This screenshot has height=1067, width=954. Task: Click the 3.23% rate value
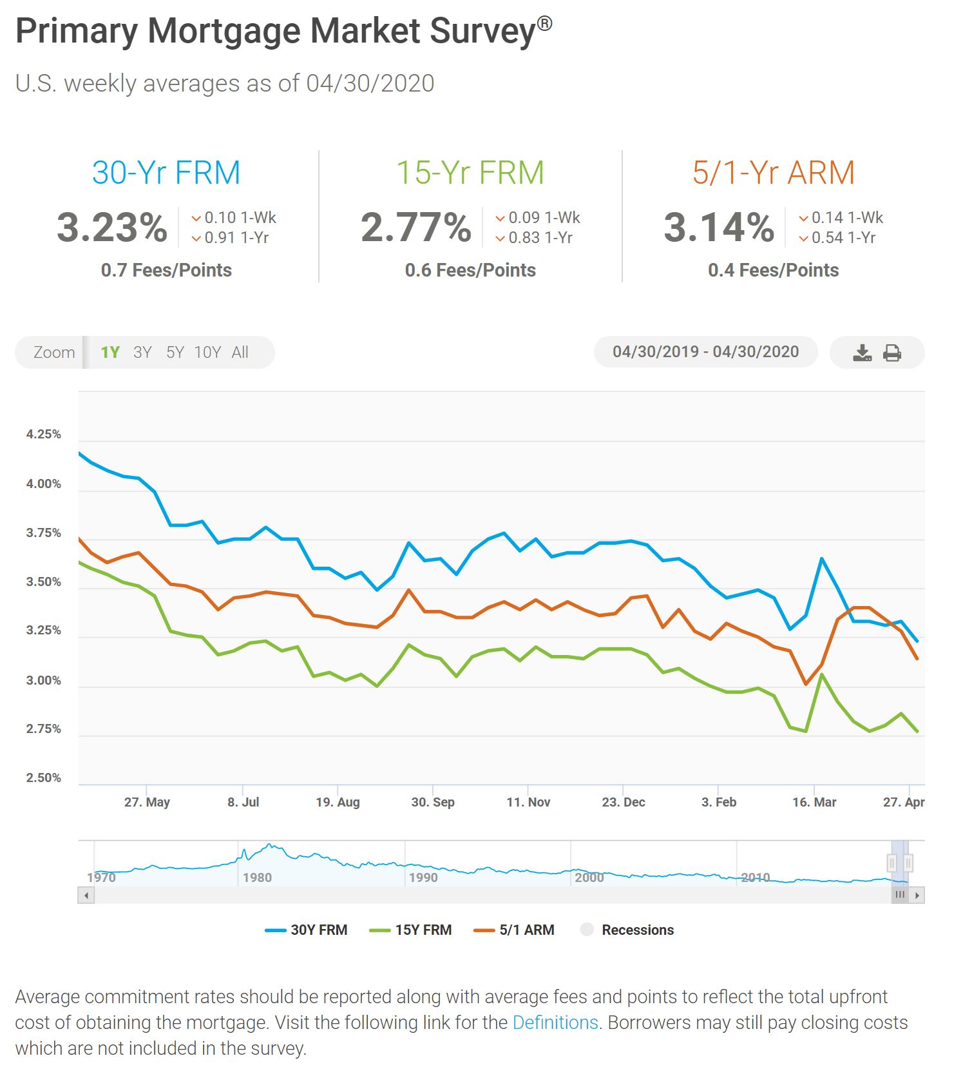112,228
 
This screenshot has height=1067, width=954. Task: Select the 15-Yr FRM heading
470,173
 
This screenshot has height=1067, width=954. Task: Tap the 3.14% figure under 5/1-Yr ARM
719,228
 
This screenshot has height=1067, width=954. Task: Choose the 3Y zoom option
142,353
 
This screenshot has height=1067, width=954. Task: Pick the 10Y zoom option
207,353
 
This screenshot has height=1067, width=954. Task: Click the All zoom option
240,353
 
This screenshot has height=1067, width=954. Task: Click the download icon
862,353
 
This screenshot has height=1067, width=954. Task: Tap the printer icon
892,353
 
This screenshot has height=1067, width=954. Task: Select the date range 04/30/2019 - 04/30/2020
705,352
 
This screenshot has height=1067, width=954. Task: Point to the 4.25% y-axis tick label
44,435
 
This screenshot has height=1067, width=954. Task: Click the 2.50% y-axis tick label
44,778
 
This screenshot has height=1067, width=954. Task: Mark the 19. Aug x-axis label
338,803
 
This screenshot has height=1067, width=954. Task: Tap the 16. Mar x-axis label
814,803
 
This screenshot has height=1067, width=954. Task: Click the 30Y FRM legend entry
307,930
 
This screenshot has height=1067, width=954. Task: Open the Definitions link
555,1023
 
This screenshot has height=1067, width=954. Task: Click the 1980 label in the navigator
257,878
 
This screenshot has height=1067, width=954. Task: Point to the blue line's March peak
822,558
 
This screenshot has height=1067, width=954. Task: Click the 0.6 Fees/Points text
470,270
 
